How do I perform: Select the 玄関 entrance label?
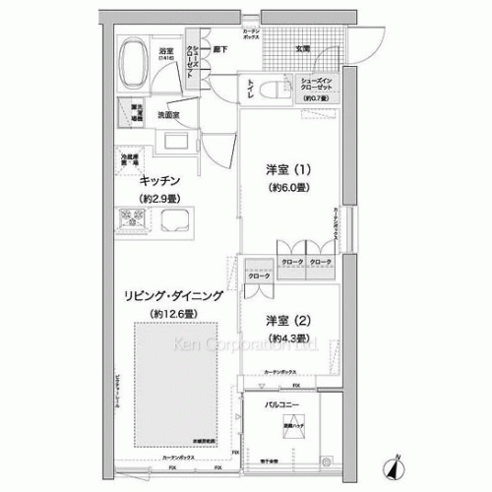[302, 48]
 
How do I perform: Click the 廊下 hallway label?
[222, 48]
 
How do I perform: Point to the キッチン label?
[158, 180]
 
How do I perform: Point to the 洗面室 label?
[175, 114]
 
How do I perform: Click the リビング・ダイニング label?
[172, 294]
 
